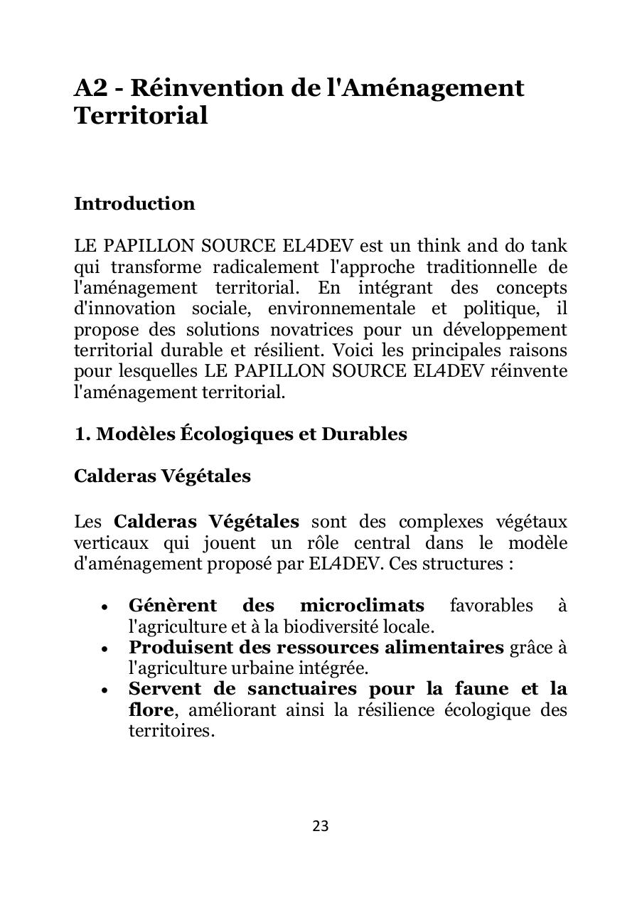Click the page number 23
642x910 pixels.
[321, 825]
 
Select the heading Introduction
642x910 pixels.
[134, 204]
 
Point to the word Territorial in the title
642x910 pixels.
[141, 116]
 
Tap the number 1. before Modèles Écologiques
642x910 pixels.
[82, 434]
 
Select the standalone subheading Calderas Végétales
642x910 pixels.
[162, 476]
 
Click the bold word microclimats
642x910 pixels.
[362, 606]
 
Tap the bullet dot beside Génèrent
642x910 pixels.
[105, 607]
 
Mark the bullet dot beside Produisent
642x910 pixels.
[105, 648]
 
